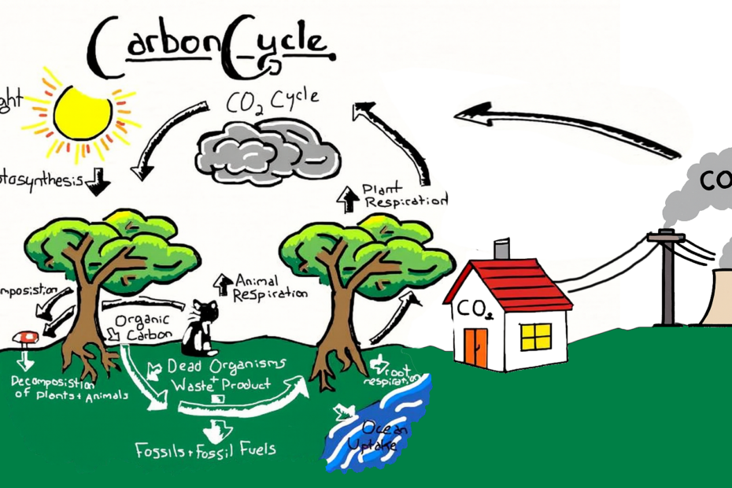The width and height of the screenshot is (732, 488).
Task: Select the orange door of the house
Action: point(475,347)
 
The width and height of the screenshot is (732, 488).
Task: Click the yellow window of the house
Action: point(536,336)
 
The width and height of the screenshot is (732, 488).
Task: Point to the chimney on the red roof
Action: point(501,250)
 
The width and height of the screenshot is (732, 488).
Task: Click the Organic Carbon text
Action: point(139,327)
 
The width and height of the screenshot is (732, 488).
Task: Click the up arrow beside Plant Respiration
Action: point(346,198)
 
